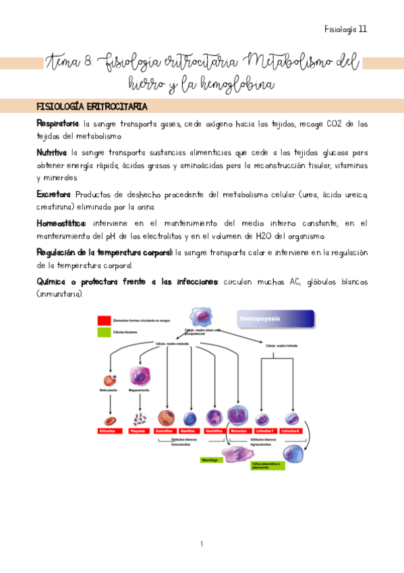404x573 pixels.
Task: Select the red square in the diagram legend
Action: (104, 320)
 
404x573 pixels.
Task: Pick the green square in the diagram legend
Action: (104, 332)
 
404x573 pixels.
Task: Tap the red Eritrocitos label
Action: (108, 430)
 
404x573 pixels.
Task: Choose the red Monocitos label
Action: (239, 430)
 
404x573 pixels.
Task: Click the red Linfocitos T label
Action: (265, 430)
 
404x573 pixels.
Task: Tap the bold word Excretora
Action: (53, 195)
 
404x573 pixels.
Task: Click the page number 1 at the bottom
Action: (202, 544)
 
